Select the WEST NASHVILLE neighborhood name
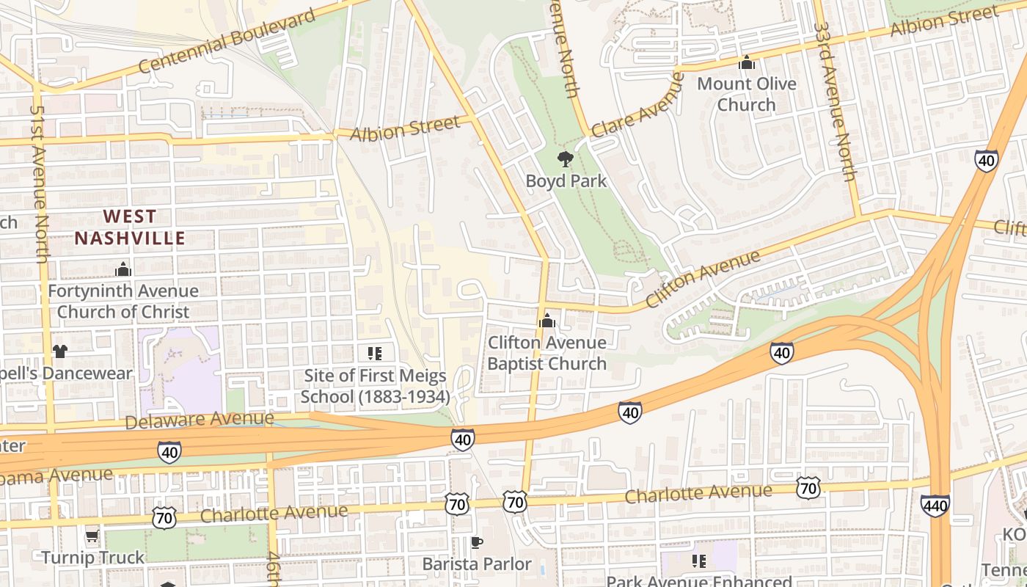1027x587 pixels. (x=130, y=227)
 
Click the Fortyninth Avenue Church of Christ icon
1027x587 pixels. (x=123, y=270)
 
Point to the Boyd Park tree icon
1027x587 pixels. (x=565, y=158)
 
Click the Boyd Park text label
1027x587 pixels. (x=566, y=181)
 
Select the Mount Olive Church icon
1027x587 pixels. (x=747, y=63)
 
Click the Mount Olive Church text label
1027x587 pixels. (x=746, y=94)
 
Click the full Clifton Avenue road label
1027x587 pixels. (x=703, y=280)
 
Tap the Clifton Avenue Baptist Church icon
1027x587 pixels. (x=547, y=321)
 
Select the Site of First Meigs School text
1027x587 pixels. (x=375, y=387)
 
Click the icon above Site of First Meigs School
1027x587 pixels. (x=375, y=354)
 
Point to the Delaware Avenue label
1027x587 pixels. (x=200, y=420)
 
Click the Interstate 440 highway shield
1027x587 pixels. (x=935, y=505)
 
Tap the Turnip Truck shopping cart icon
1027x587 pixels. (x=92, y=536)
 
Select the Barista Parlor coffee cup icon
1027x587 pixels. (x=477, y=542)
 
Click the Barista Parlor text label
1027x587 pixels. (x=477, y=564)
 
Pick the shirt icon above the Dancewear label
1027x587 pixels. (x=60, y=351)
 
